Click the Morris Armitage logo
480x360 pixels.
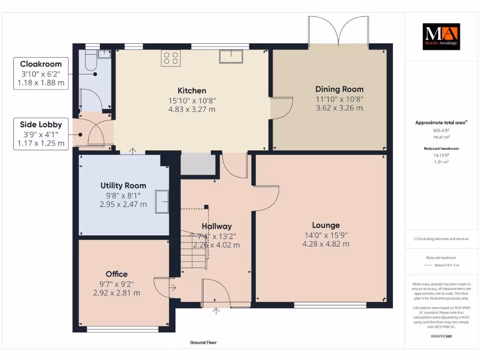[x=441, y=37]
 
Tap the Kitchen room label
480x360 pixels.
[x=192, y=91]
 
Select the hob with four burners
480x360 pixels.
[x=170, y=58]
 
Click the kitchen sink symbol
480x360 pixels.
[x=231, y=56]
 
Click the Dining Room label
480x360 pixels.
[x=339, y=89]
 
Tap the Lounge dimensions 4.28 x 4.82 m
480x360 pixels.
[x=326, y=244]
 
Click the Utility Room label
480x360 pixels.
[x=123, y=186]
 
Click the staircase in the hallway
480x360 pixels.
[x=194, y=251]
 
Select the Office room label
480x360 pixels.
[x=116, y=274]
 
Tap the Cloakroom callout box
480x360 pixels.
[x=40, y=74]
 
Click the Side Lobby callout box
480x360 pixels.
[x=40, y=134]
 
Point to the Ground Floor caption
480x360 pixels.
[x=203, y=343]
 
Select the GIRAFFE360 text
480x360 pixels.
[x=442, y=336]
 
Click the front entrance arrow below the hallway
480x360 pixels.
[x=217, y=311]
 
